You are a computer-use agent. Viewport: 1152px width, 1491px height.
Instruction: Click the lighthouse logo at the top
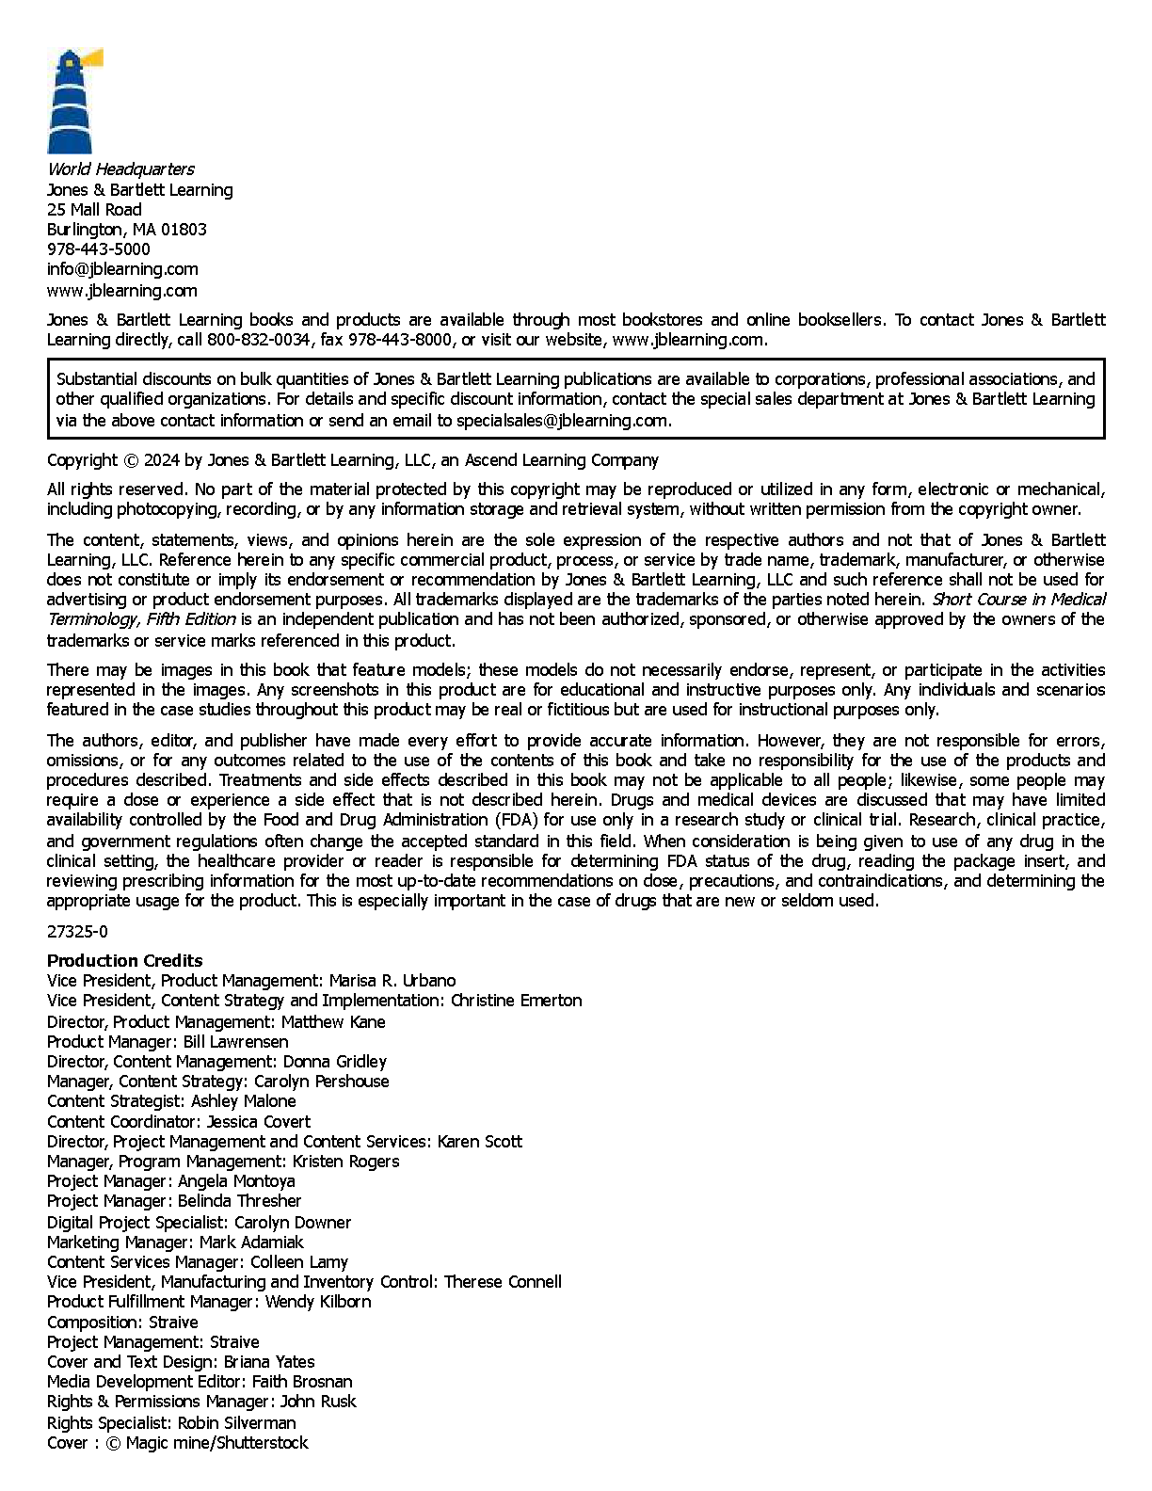click(x=72, y=101)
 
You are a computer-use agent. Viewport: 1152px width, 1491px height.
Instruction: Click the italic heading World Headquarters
click(x=120, y=169)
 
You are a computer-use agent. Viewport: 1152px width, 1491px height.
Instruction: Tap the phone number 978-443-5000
click(x=98, y=249)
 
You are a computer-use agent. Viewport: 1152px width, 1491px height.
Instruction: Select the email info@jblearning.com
click(x=122, y=269)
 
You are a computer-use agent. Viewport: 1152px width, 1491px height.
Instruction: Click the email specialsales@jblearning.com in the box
click(x=563, y=421)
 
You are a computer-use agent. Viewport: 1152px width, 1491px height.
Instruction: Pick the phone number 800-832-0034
click(x=258, y=340)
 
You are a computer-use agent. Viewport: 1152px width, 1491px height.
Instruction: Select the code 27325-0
click(x=77, y=932)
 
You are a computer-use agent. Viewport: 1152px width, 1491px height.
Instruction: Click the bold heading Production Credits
click(x=124, y=961)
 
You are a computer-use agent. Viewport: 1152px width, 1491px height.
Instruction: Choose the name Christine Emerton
click(x=516, y=1001)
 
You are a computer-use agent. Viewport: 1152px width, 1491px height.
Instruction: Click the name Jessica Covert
click(x=258, y=1122)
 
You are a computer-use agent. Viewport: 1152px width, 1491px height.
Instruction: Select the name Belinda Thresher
click(x=239, y=1201)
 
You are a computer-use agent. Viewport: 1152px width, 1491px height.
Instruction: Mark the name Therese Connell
click(x=503, y=1282)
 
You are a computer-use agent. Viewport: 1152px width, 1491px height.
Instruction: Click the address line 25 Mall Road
click(x=94, y=210)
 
